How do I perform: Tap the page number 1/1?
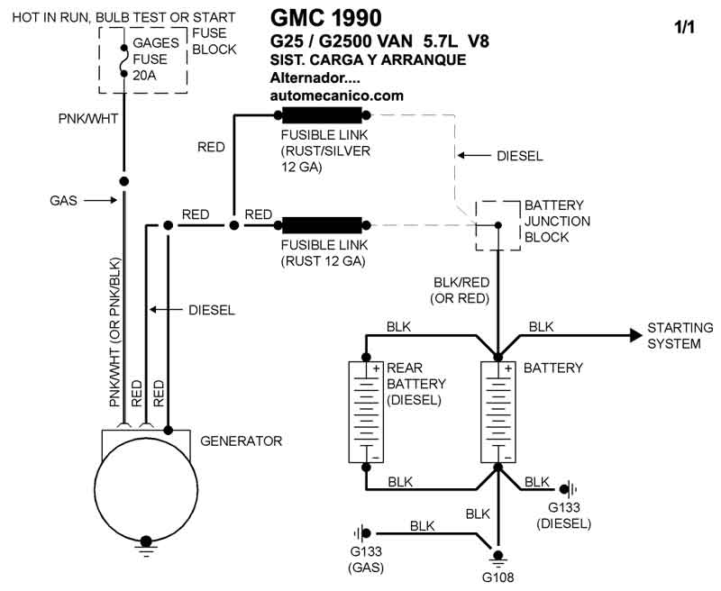pyautogui.click(x=685, y=27)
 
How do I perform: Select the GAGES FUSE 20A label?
pyautogui.click(x=157, y=59)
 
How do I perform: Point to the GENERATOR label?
pyautogui.click(x=241, y=441)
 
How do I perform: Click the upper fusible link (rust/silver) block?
pyautogui.click(x=322, y=114)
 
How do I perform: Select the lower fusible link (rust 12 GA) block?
pyautogui.click(x=322, y=224)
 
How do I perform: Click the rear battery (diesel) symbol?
pyautogui.click(x=366, y=413)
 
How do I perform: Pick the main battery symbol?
pyautogui.click(x=497, y=413)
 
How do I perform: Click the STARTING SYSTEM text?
pyautogui.click(x=680, y=335)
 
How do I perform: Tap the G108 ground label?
pyautogui.click(x=497, y=577)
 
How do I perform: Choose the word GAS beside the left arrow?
pyautogui.click(x=63, y=200)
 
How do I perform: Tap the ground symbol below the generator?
pyautogui.click(x=144, y=542)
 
